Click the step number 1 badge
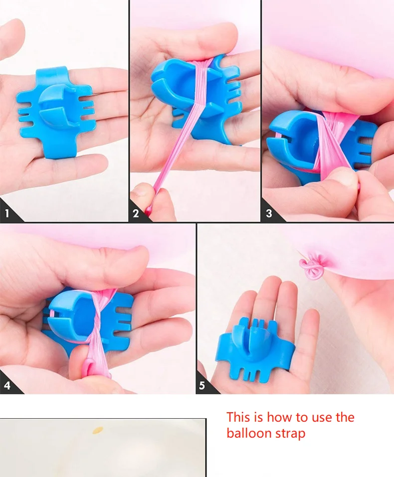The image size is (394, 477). [7, 213]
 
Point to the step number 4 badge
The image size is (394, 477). [7, 385]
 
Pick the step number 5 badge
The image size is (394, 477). [202, 385]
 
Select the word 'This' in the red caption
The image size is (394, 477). [238, 417]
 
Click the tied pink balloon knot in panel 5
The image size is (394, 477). [311, 267]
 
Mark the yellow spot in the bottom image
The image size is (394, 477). [98, 430]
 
